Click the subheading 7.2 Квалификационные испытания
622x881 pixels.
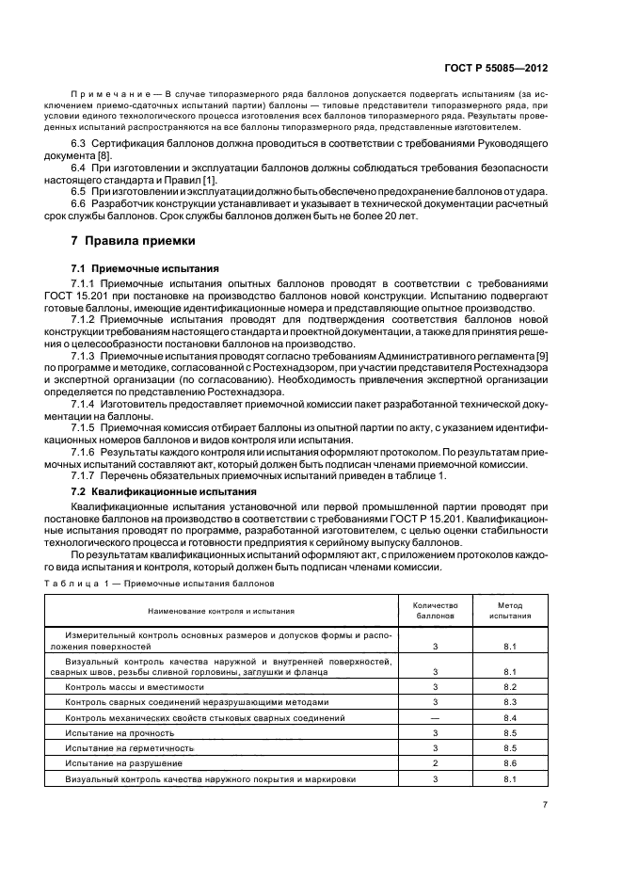point(160,491)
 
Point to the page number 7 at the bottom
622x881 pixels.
point(545,804)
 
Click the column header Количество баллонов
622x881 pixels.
point(436,611)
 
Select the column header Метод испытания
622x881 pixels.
point(510,611)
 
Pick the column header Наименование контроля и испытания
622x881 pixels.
point(220,611)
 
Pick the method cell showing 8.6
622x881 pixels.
point(510,762)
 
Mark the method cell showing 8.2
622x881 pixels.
point(510,687)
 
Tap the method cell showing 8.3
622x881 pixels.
point(510,702)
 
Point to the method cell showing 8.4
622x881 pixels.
point(510,717)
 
